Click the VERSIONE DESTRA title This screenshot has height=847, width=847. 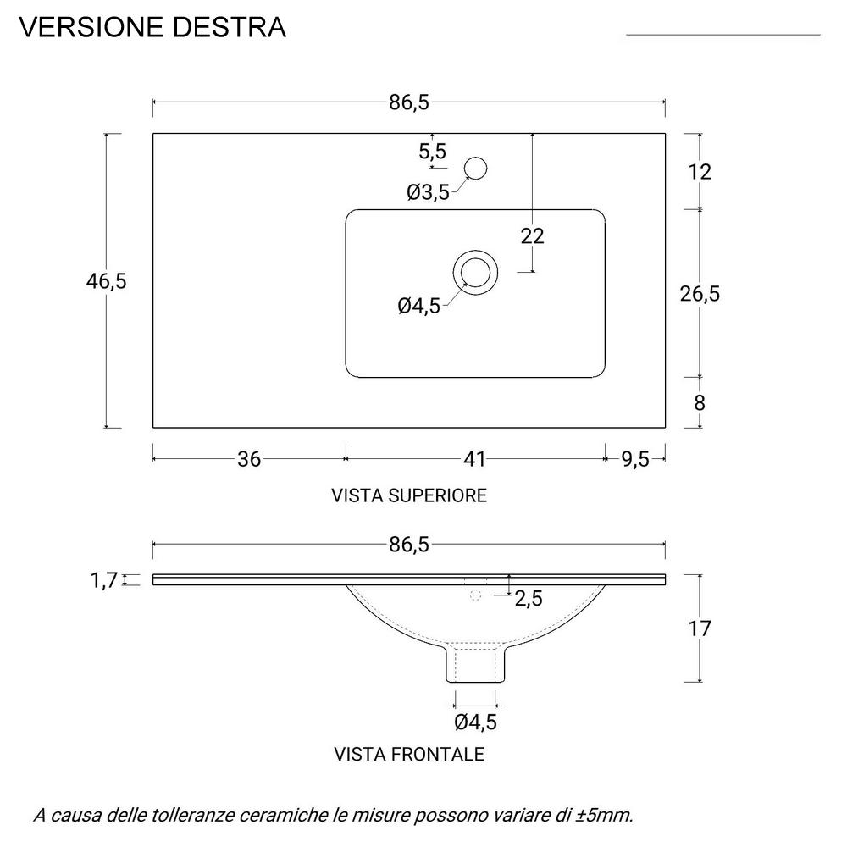click(152, 27)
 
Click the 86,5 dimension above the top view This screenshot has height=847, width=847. click(410, 102)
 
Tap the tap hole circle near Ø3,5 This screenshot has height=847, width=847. click(476, 168)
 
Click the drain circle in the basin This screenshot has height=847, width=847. click(475, 272)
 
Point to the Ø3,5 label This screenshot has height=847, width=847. click(428, 193)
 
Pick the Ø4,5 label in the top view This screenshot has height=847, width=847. click(419, 306)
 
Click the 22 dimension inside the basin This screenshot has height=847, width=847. click(532, 236)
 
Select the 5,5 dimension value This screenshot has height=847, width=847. click(432, 152)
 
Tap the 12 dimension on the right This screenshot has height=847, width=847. click(700, 172)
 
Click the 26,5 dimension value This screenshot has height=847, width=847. click(700, 293)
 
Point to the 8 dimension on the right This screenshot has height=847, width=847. click(700, 402)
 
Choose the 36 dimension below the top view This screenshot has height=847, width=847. click(248, 459)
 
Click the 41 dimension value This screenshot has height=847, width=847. click(474, 459)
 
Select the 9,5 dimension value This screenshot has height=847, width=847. click(635, 459)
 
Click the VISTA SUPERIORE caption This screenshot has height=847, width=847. click(409, 495)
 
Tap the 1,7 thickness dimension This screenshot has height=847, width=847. click(102, 580)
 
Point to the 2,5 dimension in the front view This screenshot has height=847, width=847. click(529, 599)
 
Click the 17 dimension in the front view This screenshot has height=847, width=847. click(700, 628)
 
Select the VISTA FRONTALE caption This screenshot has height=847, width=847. click(409, 754)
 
